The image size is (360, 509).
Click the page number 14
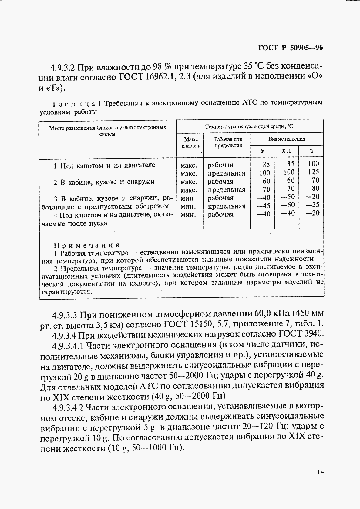click(x=320, y=472)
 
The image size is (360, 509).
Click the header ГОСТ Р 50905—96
click(x=290, y=48)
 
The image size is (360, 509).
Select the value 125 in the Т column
click(x=313, y=172)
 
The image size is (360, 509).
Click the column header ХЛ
click(x=286, y=151)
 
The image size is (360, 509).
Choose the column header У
click(x=262, y=151)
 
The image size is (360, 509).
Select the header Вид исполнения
click(x=287, y=139)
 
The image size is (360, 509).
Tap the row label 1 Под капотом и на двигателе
click(x=104, y=166)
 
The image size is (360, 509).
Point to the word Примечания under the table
click(x=87, y=245)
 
